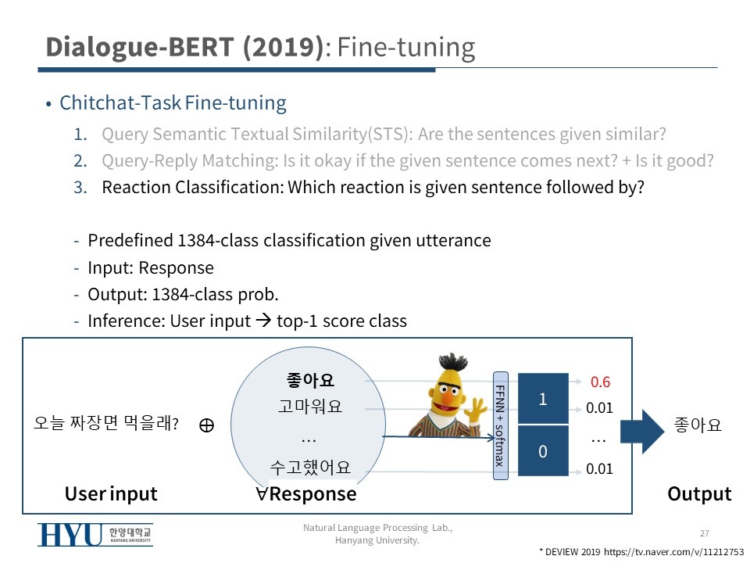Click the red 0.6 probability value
coord(600,382)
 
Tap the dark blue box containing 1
coord(543,398)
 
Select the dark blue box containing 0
coord(543,451)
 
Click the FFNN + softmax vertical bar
coord(500,425)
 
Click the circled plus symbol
coord(206,425)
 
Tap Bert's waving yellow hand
coord(476,408)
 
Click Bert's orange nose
coord(447,398)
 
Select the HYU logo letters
coord(70,535)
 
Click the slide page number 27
coord(705,533)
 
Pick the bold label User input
coord(111,493)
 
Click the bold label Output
coord(699,493)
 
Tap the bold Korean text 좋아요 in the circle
coord(310,380)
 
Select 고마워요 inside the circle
coord(310,407)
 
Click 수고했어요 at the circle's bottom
coord(310,467)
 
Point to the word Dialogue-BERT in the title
coord(140,47)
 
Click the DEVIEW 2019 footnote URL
coord(674,552)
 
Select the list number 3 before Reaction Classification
coord(80,187)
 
